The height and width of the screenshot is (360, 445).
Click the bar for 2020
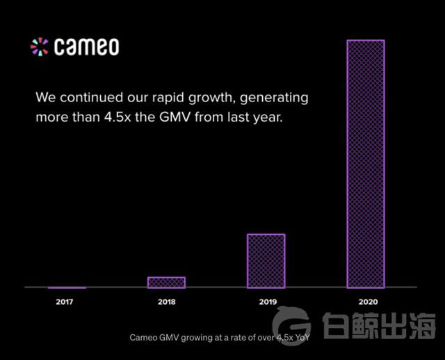point(365,163)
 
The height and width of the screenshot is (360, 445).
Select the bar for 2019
point(266,261)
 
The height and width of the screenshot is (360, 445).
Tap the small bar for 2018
point(166,282)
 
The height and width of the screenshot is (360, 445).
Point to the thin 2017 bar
point(67,287)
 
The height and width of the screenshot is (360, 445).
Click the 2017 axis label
point(65,302)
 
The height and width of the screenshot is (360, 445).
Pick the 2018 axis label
point(166,302)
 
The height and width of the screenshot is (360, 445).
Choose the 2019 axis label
point(266,302)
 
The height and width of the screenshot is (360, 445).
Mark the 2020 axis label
point(366,302)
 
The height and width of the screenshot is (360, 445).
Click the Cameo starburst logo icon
point(40,47)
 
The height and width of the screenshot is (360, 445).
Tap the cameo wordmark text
point(86,47)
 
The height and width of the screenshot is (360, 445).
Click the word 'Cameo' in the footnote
point(144,338)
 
